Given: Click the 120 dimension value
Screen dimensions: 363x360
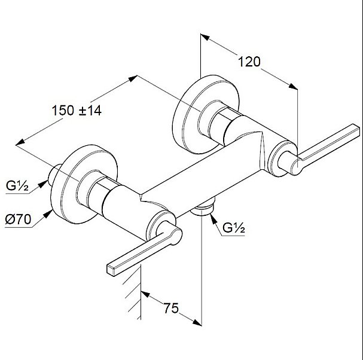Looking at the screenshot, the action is point(249,62).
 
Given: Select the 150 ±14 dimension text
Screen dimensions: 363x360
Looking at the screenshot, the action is point(77,111).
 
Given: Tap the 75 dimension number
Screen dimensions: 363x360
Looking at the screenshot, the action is point(171,308).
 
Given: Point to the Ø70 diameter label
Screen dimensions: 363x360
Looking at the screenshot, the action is point(18,219).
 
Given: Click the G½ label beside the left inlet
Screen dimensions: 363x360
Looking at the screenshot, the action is point(17,185).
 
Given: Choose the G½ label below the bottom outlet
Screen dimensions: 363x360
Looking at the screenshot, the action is point(234,228).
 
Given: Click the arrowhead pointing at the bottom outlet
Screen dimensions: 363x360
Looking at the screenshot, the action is point(213,218).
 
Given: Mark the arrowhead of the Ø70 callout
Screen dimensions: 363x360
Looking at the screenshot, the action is point(48,213).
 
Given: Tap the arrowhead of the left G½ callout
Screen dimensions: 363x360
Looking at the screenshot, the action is point(43,184).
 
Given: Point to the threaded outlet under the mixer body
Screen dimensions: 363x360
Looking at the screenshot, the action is point(202,208).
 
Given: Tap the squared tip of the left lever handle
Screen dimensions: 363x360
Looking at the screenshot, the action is point(111,270).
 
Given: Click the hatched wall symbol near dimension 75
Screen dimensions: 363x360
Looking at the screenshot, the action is point(133,293).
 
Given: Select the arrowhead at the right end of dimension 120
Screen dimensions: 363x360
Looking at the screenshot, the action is point(293,86).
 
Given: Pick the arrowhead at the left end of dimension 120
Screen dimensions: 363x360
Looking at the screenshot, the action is point(205,37).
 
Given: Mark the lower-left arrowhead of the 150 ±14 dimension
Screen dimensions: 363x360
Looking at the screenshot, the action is point(20,142).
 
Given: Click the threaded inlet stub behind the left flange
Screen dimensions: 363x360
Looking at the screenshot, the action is point(54,175).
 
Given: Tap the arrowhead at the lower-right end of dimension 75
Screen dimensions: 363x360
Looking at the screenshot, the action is point(197,322).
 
